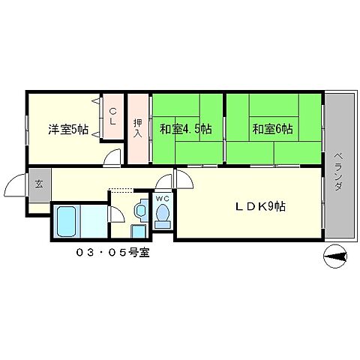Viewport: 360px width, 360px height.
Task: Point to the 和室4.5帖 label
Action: (184, 129)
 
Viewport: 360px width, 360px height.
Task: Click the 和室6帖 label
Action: (273, 129)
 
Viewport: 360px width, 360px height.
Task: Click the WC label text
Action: (163, 199)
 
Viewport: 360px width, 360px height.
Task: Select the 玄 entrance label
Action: (37, 182)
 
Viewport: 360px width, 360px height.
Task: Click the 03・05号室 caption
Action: (112, 252)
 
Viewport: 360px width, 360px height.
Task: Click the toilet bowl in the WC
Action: (162, 216)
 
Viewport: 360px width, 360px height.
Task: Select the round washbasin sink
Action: (139, 211)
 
